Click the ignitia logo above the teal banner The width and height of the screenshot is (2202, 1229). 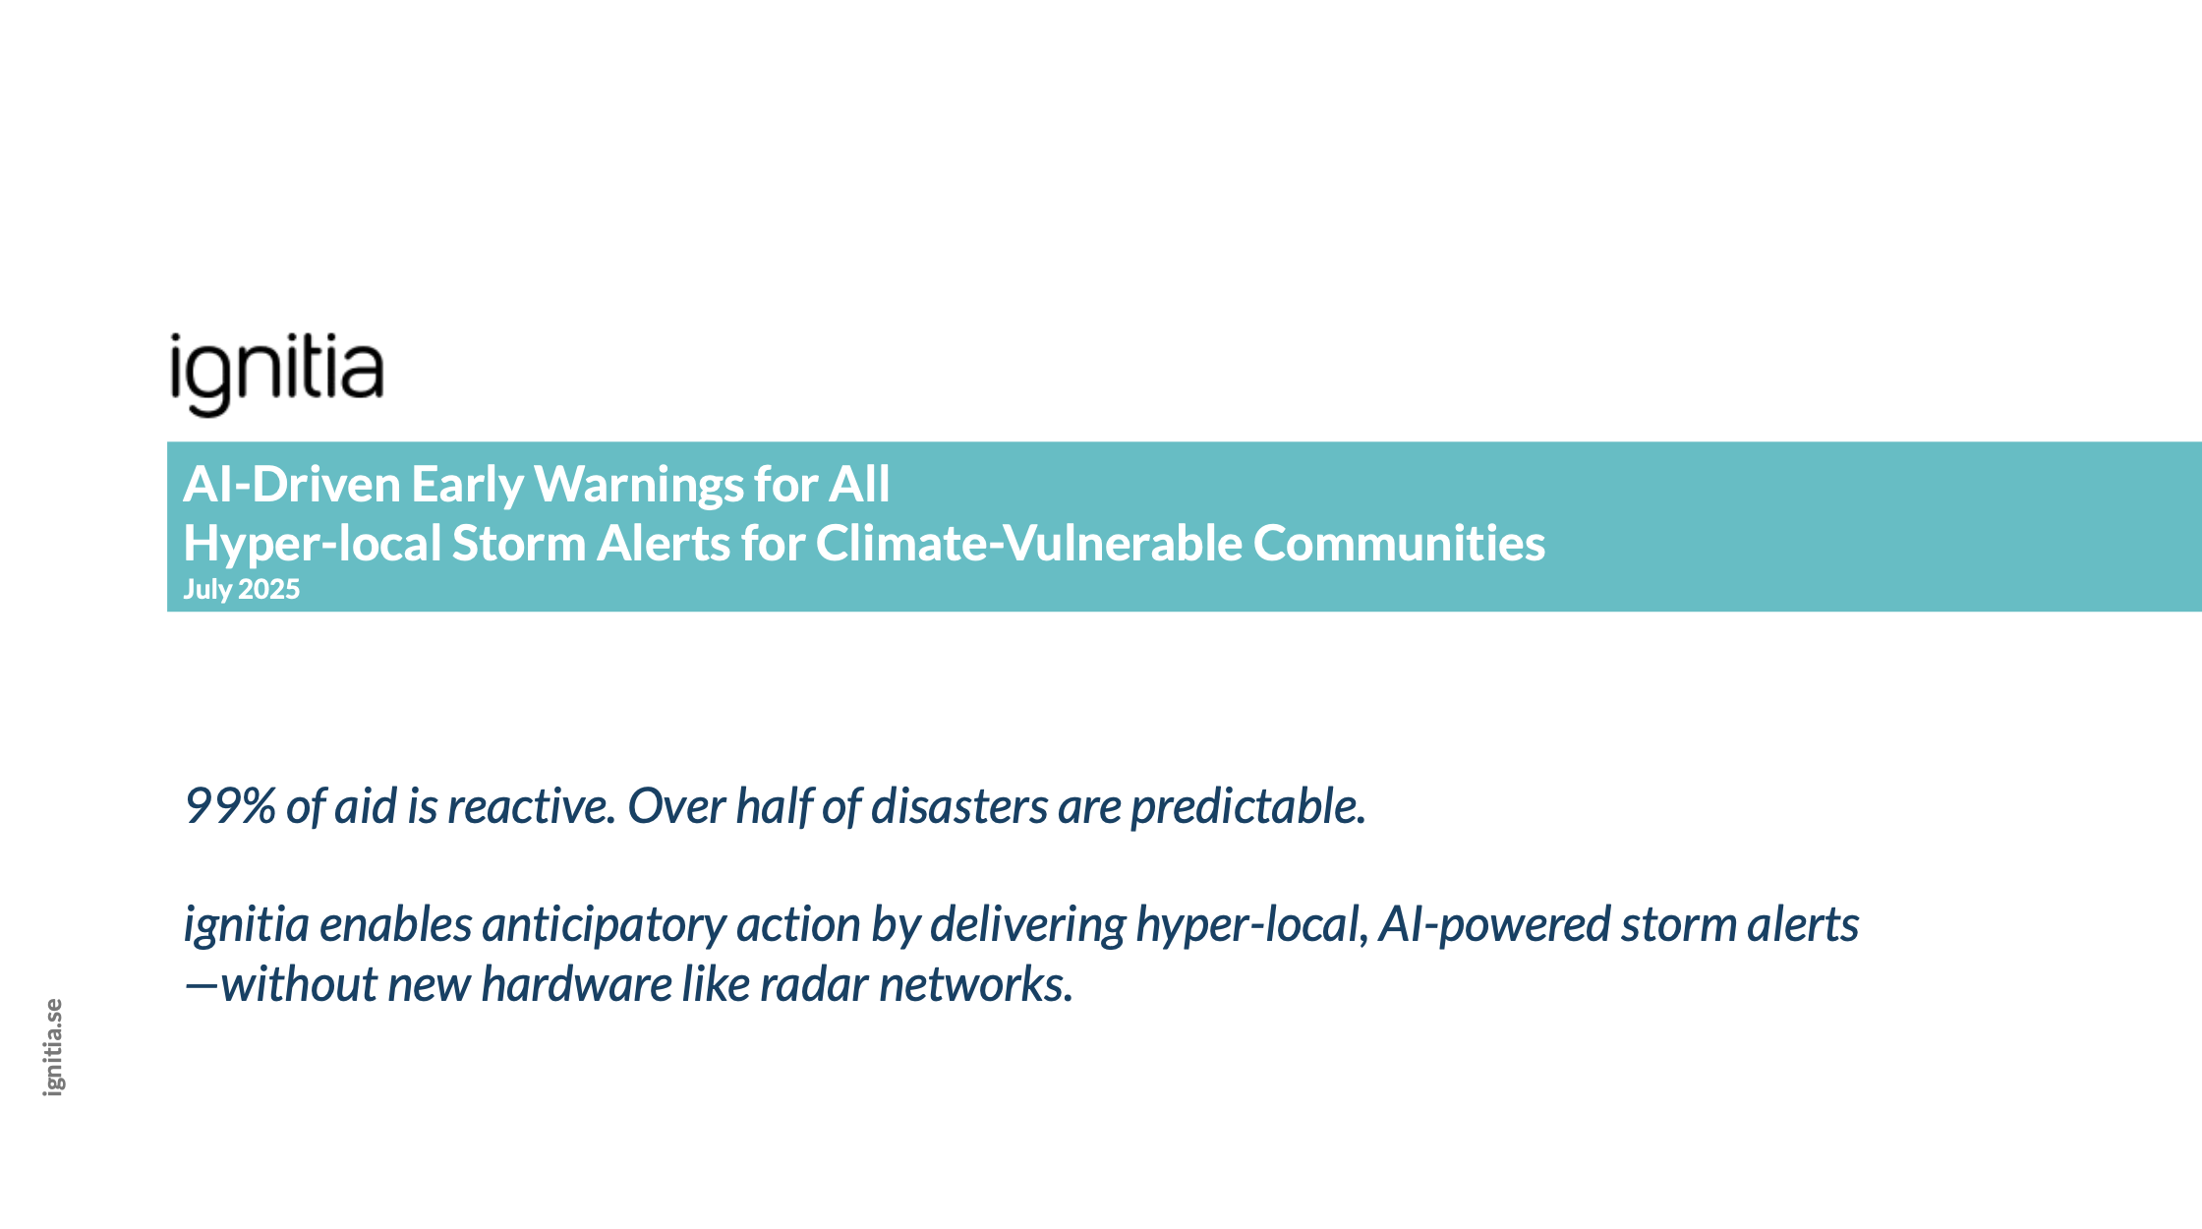coord(276,375)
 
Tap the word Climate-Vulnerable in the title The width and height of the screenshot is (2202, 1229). coord(1029,544)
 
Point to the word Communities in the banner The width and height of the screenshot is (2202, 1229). coord(1399,544)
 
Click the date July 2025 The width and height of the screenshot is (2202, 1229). coord(242,589)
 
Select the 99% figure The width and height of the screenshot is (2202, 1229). coord(230,806)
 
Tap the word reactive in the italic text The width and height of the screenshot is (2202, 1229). coord(532,806)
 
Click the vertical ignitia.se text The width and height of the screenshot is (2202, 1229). coord(53,1047)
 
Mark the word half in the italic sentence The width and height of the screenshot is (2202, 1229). coord(774,806)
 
